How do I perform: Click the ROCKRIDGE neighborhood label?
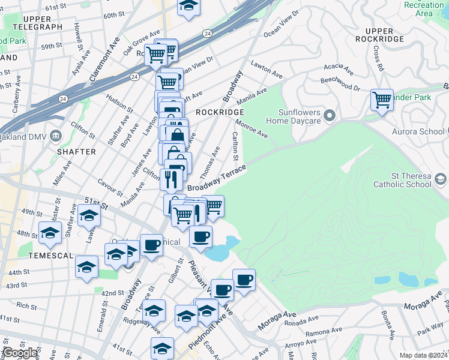pos(220,112)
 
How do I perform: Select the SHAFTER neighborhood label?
pos(76,152)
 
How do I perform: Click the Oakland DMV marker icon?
pos(56,135)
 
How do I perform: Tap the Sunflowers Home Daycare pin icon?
pos(329,115)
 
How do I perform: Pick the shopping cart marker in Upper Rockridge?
pos(382,100)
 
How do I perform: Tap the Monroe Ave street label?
pos(251,128)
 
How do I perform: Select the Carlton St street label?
pos(235,146)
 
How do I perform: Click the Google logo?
pos(20,353)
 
